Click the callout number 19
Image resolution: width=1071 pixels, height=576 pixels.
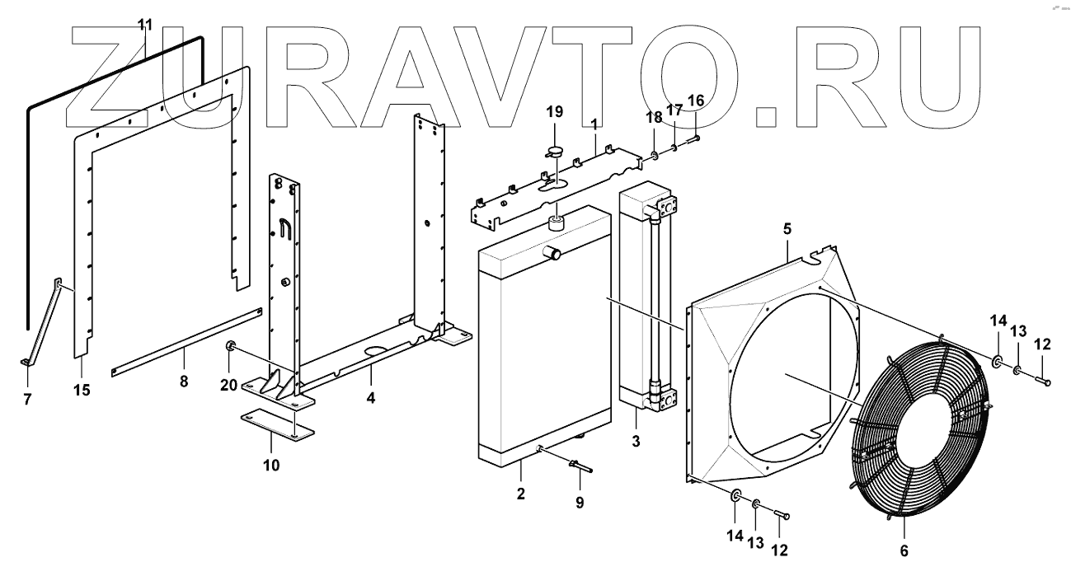(554, 111)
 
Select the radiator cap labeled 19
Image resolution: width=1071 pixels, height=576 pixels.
(552, 151)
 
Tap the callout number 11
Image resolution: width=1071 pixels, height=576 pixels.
(145, 24)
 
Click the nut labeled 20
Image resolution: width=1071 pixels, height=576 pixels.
(232, 344)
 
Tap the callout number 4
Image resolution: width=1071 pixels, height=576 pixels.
(372, 398)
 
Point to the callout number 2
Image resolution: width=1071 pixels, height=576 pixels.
(520, 494)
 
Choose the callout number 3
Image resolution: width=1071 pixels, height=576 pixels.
(636, 441)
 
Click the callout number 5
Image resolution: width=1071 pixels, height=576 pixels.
(787, 230)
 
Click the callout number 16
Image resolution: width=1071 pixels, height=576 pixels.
(696, 101)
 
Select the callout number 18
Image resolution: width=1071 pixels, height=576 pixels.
(652, 118)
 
